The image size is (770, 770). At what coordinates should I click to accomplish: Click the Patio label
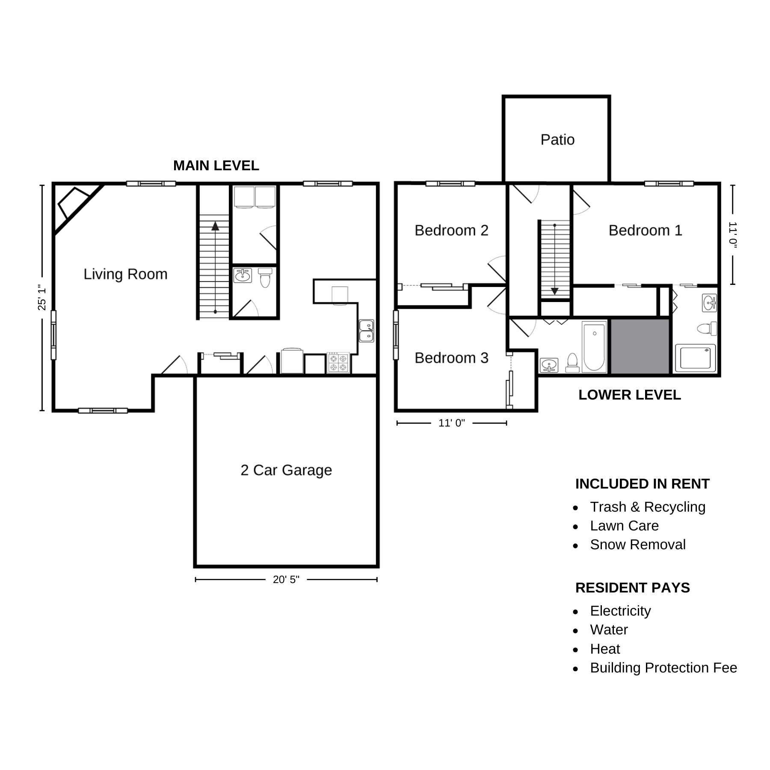click(x=557, y=139)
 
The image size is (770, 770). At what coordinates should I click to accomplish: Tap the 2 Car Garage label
click(x=286, y=470)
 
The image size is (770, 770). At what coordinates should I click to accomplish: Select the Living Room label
click(x=125, y=274)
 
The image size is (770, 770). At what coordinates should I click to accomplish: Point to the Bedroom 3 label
click(x=451, y=358)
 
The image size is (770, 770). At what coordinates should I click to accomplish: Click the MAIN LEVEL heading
click(x=216, y=166)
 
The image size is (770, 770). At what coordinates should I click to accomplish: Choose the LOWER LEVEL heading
click(x=630, y=395)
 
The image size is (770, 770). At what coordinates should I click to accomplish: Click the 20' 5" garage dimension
click(x=286, y=580)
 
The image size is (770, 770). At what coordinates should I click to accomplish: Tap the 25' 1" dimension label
click(x=42, y=297)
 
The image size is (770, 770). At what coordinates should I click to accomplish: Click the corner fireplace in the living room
click(x=74, y=204)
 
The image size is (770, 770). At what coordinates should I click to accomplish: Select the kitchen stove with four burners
click(x=338, y=362)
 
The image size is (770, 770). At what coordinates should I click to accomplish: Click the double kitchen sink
click(x=366, y=331)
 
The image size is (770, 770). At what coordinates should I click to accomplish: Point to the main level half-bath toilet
click(x=265, y=278)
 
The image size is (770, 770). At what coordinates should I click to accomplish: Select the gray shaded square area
click(x=640, y=346)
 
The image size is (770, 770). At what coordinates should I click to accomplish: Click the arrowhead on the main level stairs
click(x=215, y=226)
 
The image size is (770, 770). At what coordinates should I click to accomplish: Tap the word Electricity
click(x=620, y=611)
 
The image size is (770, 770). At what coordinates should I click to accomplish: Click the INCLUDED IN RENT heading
click(x=643, y=484)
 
